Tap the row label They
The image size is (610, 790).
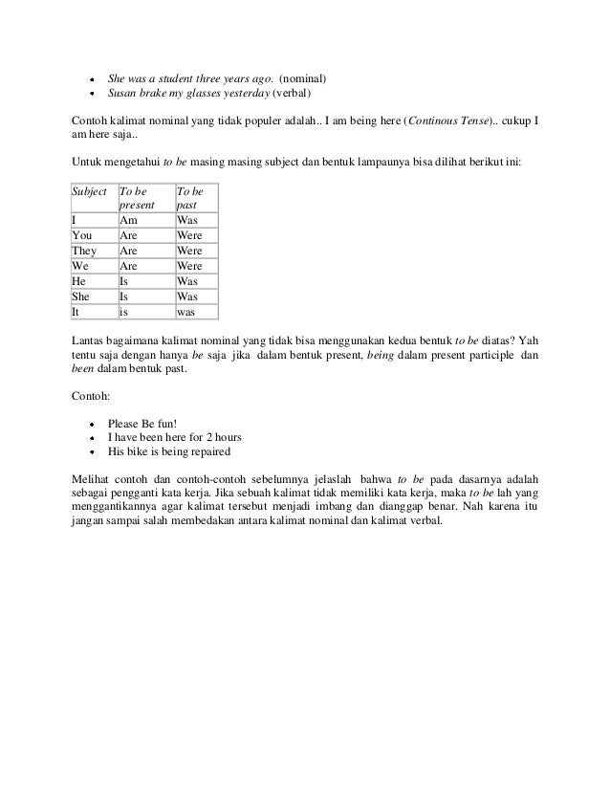85,251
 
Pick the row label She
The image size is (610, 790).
83,296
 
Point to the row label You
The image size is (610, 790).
83,235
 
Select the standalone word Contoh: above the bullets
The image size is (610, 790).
92,395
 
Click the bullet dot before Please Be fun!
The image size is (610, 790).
91,421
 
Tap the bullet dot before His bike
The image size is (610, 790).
91,451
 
